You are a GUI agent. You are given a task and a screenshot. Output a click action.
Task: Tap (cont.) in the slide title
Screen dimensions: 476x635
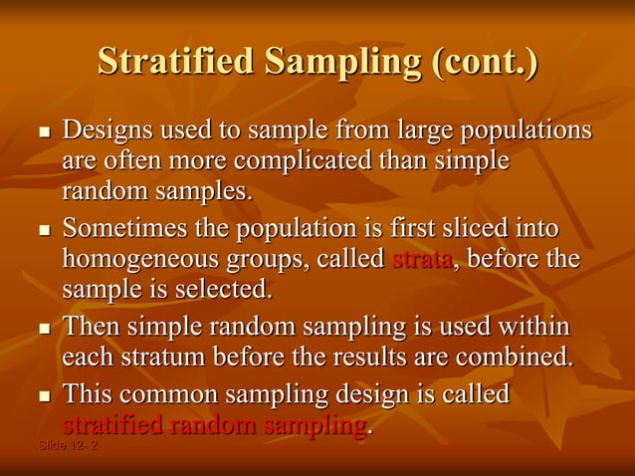(x=485, y=62)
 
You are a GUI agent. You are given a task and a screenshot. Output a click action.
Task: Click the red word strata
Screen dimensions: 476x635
(x=423, y=260)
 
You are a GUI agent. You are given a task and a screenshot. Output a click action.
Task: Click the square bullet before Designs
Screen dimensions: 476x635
(x=43, y=132)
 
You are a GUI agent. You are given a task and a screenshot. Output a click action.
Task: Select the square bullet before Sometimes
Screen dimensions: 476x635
(x=43, y=230)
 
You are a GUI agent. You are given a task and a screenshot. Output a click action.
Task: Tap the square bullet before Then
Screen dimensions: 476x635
(x=43, y=328)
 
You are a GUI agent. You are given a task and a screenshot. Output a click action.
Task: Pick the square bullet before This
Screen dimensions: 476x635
(x=43, y=395)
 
